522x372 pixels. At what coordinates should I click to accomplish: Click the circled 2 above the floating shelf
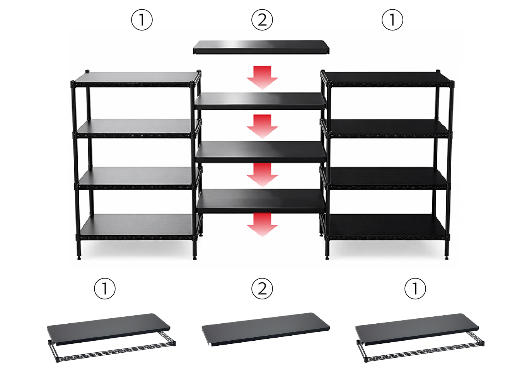pyautogui.click(x=262, y=20)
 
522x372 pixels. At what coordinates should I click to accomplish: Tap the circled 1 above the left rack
pyautogui.click(x=142, y=20)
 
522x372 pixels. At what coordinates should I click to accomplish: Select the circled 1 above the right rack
pyautogui.click(x=392, y=20)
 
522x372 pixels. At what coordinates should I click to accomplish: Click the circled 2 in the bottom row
pyautogui.click(x=262, y=289)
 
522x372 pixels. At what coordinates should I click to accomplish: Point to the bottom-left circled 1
pyautogui.click(x=105, y=289)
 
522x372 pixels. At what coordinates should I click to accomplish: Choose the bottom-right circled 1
pyautogui.click(x=415, y=289)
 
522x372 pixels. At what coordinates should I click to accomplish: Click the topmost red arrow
pyautogui.click(x=263, y=78)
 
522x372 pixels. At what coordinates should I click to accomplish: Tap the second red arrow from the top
pyautogui.click(x=263, y=126)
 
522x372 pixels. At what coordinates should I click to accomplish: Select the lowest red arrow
pyautogui.click(x=263, y=225)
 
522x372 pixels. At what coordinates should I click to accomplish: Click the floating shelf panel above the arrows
pyautogui.click(x=261, y=47)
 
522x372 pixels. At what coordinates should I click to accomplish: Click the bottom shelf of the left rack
pyautogui.click(x=138, y=226)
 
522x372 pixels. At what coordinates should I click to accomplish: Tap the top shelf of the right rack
pyautogui.click(x=387, y=79)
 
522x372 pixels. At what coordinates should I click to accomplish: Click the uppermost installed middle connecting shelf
pyautogui.click(x=261, y=101)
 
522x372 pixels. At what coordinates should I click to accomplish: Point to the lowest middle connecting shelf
pyautogui.click(x=261, y=201)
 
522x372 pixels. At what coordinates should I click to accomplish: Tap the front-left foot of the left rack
pyautogui.click(x=79, y=258)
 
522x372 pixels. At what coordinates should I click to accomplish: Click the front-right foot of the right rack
pyautogui.click(x=446, y=258)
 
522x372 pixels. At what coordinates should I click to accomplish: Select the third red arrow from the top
pyautogui.click(x=263, y=175)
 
